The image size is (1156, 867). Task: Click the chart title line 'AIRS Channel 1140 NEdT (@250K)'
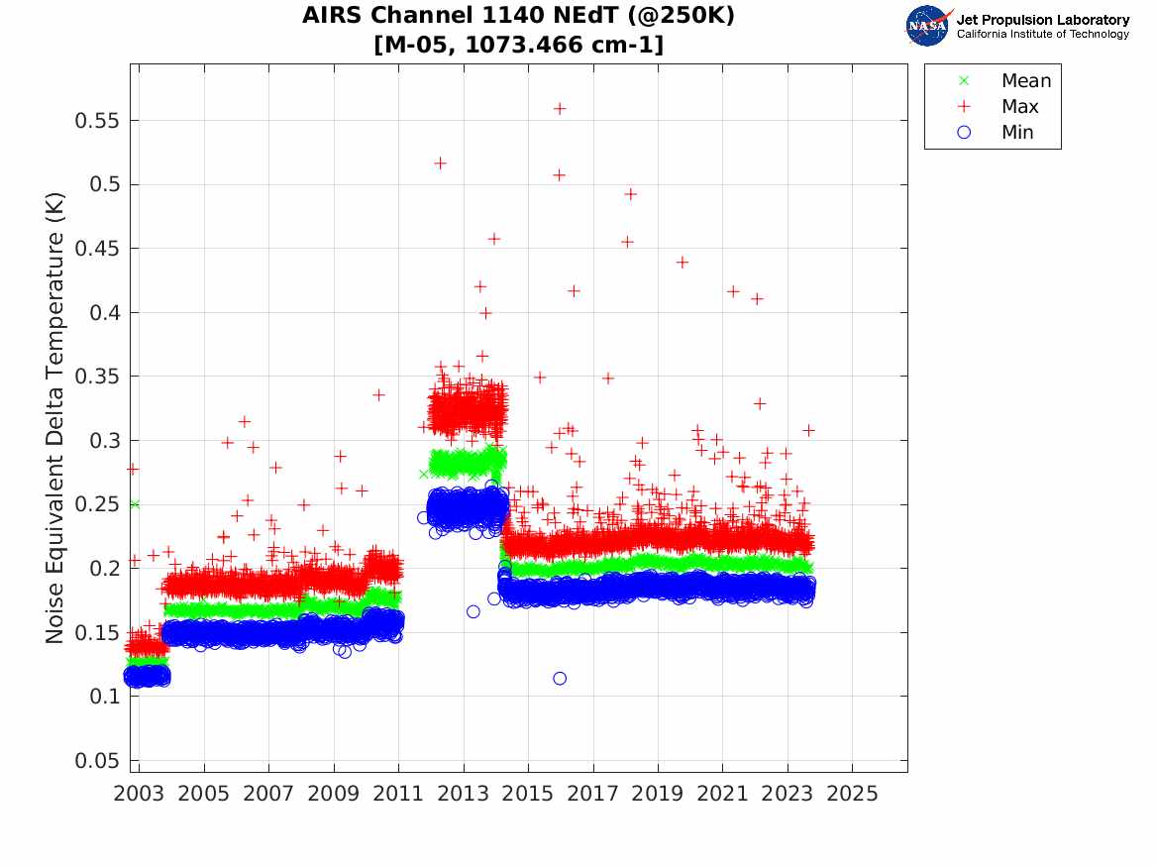pos(518,15)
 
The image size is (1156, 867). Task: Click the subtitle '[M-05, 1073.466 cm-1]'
pos(518,45)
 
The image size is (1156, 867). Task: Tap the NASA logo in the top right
pos(928,26)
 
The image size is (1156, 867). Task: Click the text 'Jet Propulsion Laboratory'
pos(1042,20)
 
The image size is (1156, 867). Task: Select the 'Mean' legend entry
pos(1006,80)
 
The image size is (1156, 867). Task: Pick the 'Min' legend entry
pos(996,132)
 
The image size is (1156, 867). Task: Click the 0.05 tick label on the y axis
pos(96,760)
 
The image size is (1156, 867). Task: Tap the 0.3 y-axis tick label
pos(104,440)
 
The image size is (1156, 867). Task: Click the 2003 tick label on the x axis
pos(139,794)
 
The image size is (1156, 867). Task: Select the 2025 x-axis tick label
pos(852,794)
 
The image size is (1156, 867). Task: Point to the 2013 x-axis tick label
pos(463,794)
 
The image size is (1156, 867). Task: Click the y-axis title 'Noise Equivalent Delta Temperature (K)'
pos(54,418)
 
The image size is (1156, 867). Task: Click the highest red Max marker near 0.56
pos(560,108)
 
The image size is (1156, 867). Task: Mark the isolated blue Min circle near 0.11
pos(560,679)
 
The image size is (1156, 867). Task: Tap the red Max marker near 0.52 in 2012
pos(440,163)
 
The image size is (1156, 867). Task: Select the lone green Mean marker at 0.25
pos(134,504)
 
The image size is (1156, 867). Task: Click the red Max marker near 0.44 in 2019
pos(682,262)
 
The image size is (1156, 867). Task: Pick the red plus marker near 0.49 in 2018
pos(630,194)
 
